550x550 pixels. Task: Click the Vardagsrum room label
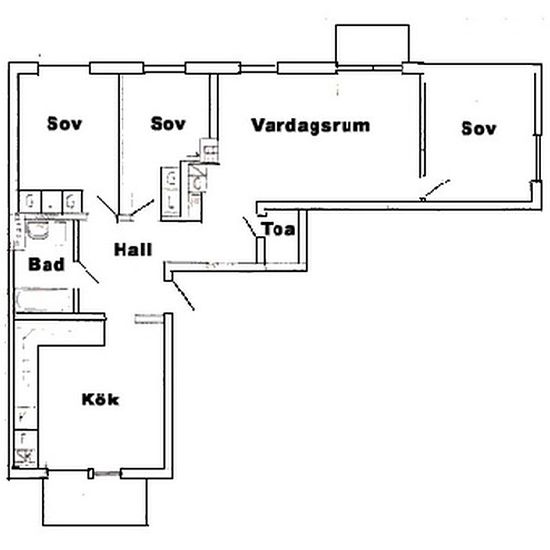click(x=311, y=127)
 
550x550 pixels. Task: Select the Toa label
click(x=278, y=230)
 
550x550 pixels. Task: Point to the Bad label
click(x=46, y=265)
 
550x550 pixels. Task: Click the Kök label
click(x=100, y=400)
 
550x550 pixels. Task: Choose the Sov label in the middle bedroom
click(x=169, y=124)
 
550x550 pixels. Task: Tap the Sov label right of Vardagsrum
click(x=480, y=128)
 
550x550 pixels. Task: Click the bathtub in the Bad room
click(x=45, y=300)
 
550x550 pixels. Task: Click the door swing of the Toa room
click(x=250, y=226)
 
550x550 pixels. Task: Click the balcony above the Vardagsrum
click(x=371, y=42)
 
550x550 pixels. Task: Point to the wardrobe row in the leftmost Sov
click(x=48, y=199)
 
